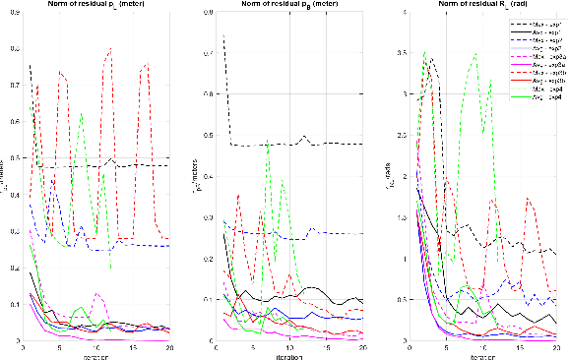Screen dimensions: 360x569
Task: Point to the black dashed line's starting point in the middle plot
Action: pyautogui.click(x=223, y=36)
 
